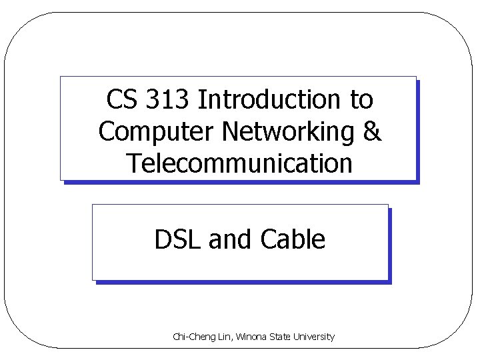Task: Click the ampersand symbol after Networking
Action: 373,131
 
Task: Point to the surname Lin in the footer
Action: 222,337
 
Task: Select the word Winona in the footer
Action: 248,337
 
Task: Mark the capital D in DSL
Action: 162,239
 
